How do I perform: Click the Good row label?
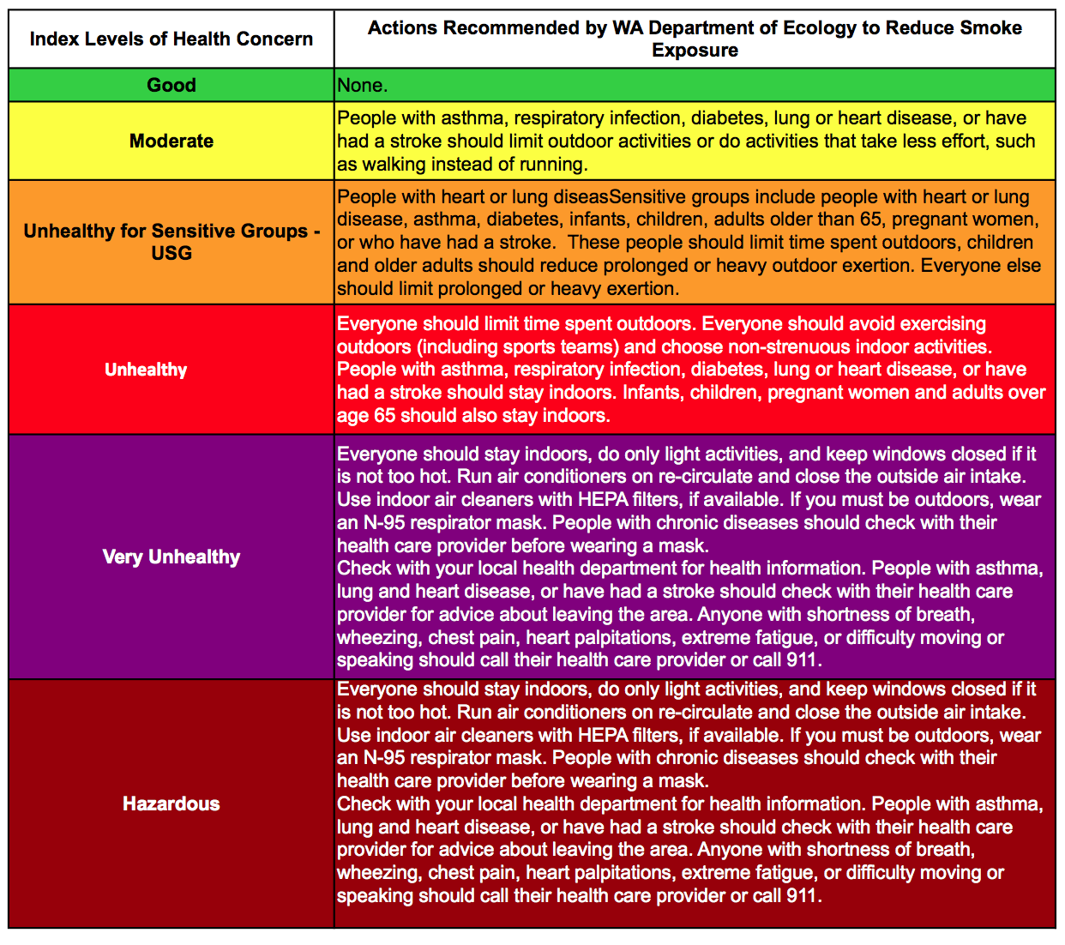pyautogui.click(x=171, y=85)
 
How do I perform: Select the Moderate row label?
pyautogui.click(x=171, y=141)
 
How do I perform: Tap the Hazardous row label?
pyautogui.click(x=171, y=804)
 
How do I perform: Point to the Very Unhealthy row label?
pyautogui.click(x=171, y=557)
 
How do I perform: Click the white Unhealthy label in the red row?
pyautogui.click(x=146, y=370)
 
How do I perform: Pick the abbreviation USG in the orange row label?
pyautogui.click(x=171, y=253)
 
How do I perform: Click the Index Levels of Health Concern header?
pyautogui.click(x=171, y=39)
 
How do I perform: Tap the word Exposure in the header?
pyautogui.click(x=695, y=50)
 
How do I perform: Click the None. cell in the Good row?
pyautogui.click(x=363, y=85)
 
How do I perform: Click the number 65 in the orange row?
pyautogui.click(x=871, y=220)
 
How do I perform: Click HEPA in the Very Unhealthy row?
pyautogui.click(x=603, y=499)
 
